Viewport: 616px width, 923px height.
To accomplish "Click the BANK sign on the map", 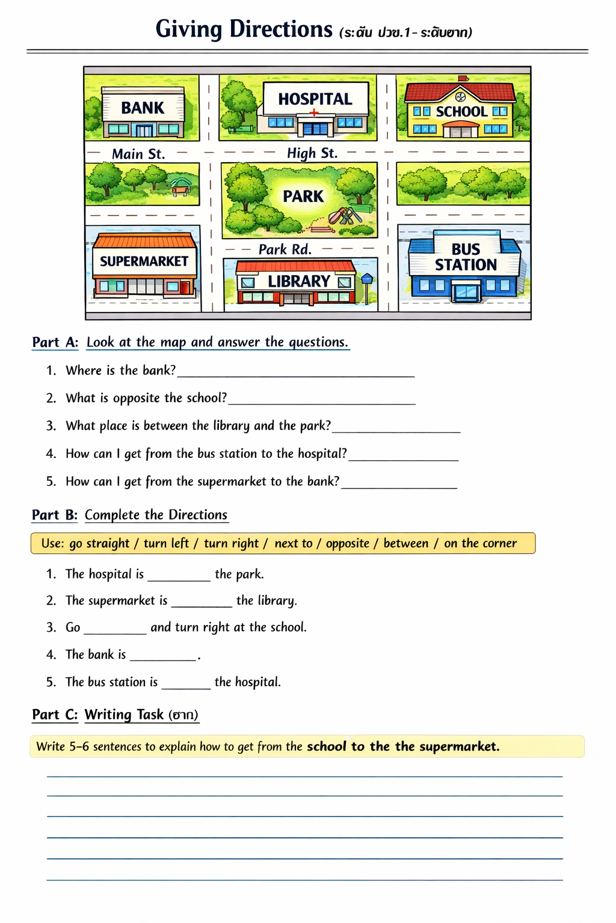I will (x=143, y=108).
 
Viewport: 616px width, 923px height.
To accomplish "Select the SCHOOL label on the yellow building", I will (x=461, y=112).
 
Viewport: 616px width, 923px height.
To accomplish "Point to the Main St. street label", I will (x=138, y=154).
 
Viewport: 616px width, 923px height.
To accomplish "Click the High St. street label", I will (x=312, y=153).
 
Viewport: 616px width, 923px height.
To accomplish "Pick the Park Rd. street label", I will (x=285, y=249).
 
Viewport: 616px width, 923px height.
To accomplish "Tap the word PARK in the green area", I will (x=303, y=196).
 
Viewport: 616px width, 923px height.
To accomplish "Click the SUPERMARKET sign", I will (x=144, y=261).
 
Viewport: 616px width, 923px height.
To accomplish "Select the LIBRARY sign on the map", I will (x=299, y=281).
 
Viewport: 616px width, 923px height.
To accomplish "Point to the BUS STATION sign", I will (x=466, y=257).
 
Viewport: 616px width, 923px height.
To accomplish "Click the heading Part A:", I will (x=55, y=343).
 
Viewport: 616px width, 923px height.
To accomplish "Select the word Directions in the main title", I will (x=281, y=29).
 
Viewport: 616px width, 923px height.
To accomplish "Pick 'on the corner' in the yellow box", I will (x=480, y=544).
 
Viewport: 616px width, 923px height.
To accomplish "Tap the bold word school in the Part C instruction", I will (x=327, y=747).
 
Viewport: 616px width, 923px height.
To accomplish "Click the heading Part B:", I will (x=55, y=515).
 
